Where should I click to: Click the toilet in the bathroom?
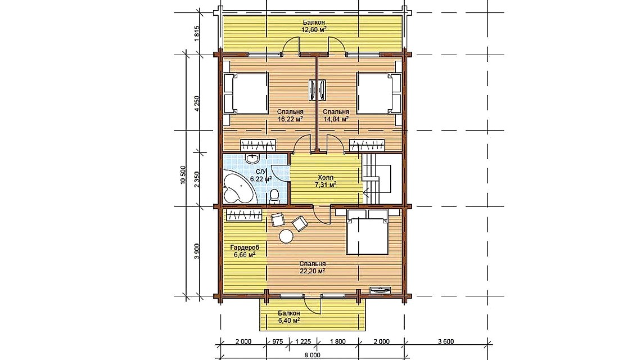(x=275, y=195)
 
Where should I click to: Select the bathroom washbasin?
(x=252, y=158)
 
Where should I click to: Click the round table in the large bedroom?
(x=286, y=236)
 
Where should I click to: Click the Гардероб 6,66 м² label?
(x=245, y=251)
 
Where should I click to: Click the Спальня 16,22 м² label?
(x=290, y=115)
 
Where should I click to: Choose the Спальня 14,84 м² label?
(x=336, y=115)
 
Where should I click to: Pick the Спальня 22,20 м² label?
(x=312, y=267)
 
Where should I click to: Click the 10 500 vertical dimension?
(x=183, y=175)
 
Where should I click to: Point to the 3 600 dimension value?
(x=445, y=341)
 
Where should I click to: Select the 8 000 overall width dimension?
(x=312, y=355)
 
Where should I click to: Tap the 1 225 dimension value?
(x=303, y=341)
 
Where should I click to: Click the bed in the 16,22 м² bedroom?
(x=245, y=94)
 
